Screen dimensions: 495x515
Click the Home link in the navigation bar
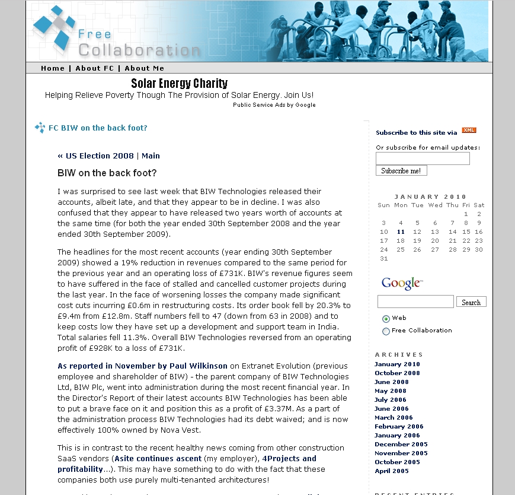(53, 68)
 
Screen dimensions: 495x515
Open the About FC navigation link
(94, 68)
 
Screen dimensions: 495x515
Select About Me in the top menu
(145, 68)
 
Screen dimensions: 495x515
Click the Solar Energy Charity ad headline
(179, 83)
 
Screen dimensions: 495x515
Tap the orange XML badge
(469, 131)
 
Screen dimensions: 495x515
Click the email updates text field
(423, 158)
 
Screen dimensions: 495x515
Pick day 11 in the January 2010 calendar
(401, 232)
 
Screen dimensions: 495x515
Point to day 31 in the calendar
(383, 259)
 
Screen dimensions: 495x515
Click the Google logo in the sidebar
(402, 284)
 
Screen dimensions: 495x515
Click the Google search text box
(415, 302)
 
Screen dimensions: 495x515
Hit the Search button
(471, 302)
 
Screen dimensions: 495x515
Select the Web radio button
(386, 319)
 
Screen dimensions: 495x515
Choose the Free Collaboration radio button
(386, 331)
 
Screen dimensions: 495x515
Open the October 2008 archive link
(397, 373)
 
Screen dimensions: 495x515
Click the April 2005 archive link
(392, 471)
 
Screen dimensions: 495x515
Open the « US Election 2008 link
(95, 156)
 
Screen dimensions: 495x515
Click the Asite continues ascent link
(158, 459)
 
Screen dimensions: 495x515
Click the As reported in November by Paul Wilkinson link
(143, 366)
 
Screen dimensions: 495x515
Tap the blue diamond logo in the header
(55, 27)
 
